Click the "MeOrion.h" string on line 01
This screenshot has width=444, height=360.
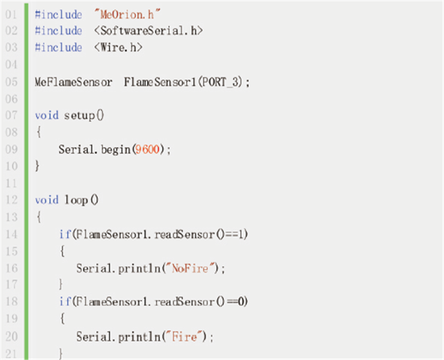tap(127, 14)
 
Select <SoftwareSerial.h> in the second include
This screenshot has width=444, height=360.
tap(148, 31)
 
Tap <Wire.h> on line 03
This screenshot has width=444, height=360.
tap(118, 47)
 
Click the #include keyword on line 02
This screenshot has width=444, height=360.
tap(58, 31)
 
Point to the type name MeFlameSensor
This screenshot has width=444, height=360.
tap(73, 82)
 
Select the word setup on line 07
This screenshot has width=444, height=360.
tap(79, 116)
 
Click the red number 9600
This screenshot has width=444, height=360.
tap(147, 149)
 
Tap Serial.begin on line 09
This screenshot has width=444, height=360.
tap(94, 149)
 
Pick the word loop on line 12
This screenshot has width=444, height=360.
tap(76, 200)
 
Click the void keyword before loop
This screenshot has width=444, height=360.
tap(47, 200)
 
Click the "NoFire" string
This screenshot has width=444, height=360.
tap(190, 268)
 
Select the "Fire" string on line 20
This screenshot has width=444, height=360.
tap(184, 337)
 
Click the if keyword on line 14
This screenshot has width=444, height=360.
tap(65, 234)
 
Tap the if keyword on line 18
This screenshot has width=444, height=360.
tap(65, 301)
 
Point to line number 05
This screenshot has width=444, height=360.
tap(11, 82)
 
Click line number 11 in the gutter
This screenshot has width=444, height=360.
tap(11, 183)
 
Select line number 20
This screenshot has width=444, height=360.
tap(11, 337)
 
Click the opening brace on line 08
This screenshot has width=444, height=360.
tap(39, 132)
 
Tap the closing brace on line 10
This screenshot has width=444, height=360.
tap(37, 166)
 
